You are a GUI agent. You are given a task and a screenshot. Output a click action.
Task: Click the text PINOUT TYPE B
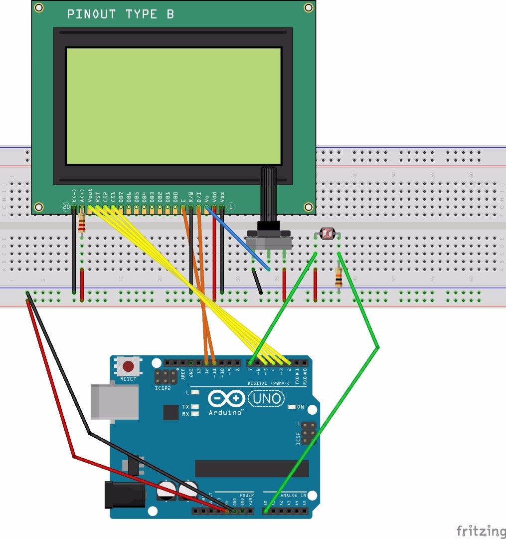[121, 14]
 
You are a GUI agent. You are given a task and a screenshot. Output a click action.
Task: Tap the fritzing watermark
[480, 531]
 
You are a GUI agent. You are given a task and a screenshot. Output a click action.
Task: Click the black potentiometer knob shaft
[269, 195]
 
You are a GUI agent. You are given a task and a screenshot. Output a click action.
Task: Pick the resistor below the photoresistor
[339, 277]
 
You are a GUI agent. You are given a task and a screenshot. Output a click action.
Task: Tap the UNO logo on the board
[267, 398]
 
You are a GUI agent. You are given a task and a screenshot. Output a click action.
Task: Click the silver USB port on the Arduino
[114, 402]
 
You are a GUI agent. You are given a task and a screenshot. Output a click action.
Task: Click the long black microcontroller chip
[252, 469]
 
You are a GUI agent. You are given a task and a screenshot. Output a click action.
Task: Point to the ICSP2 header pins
[166, 377]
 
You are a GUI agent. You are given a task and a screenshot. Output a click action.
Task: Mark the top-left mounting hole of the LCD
[39, 7]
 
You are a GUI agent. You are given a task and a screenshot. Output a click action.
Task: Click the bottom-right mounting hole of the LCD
[309, 207]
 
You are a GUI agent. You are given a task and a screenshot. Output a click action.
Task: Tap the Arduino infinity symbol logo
[227, 399]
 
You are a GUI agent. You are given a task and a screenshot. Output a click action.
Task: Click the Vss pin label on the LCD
[222, 196]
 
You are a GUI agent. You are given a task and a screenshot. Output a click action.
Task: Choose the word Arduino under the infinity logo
[225, 412]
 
